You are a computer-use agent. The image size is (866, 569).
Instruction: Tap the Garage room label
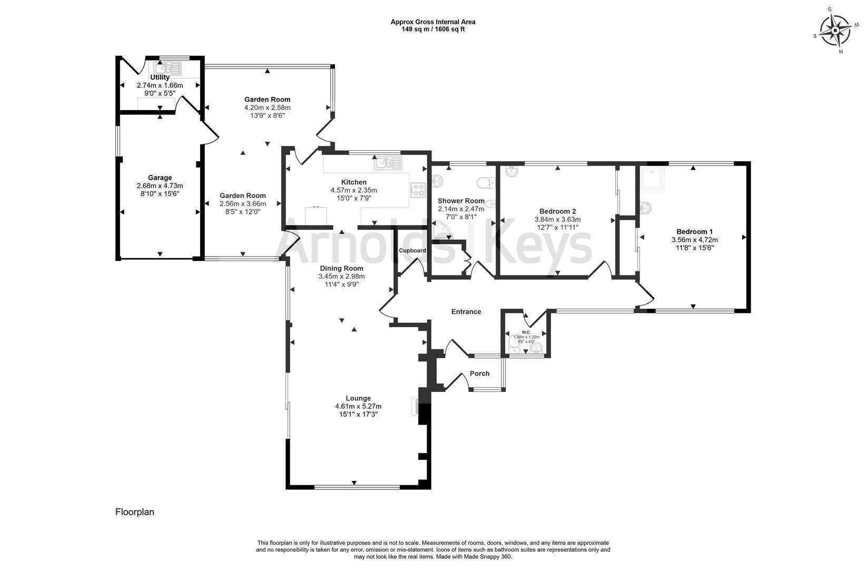coord(160,178)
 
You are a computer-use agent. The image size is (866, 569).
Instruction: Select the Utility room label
coord(160,77)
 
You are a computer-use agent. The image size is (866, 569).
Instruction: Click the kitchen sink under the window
coord(388,163)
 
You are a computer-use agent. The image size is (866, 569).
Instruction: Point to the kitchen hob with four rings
coord(418,190)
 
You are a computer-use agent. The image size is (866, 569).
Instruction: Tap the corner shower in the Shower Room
coord(441,230)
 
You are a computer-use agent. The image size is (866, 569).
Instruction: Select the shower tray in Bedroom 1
coord(653,179)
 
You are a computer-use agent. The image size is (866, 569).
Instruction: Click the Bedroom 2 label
coord(557,211)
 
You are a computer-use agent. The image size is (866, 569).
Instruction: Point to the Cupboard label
coord(412,251)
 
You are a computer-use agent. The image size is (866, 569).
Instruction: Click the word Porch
coord(479,374)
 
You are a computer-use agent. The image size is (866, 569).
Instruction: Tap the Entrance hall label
coord(466,312)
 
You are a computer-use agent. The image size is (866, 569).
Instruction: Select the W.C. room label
coord(526,332)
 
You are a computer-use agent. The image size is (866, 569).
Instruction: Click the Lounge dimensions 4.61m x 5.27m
coord(358,406)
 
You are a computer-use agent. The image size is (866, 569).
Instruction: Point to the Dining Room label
coord(341,268)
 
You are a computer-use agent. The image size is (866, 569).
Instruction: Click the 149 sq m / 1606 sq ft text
coord(433,30)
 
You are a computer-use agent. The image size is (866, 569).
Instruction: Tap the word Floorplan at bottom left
coord(135,512)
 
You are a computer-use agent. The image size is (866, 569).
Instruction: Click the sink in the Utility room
coord(168,68)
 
